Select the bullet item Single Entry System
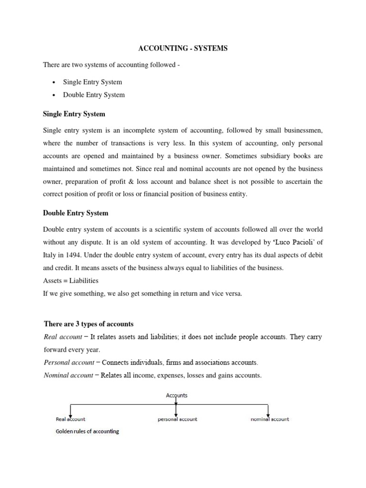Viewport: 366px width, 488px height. [x=92, y=82]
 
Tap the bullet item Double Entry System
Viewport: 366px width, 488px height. [x=94, y=94]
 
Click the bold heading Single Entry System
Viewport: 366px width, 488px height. [x=74, y=114]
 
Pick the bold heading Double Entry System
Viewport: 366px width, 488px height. [x=75, y=213]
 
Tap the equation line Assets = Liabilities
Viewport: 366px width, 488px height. [x=71, y=280]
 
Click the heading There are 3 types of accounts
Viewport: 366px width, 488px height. [x=89, y=324]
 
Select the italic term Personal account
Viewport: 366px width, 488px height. [x=71, y=362]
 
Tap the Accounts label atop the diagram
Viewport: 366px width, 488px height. [x=176, y=395]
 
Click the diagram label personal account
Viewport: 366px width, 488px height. [x=177, y=419]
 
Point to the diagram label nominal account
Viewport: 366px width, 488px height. [x=270, y=419]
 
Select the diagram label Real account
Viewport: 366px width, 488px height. [x=71, y=419]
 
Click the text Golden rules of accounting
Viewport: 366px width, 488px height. [x=87, y=431]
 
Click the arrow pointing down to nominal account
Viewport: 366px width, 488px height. [x=268, y=410]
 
